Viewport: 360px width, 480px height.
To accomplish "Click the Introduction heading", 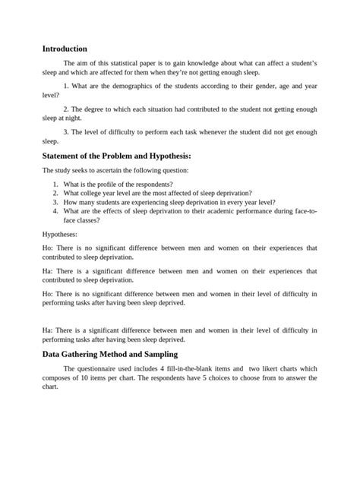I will pyautogui.click(x=65, y=49).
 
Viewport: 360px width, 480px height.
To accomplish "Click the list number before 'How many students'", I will pyautogui.click(x=55, y=203).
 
